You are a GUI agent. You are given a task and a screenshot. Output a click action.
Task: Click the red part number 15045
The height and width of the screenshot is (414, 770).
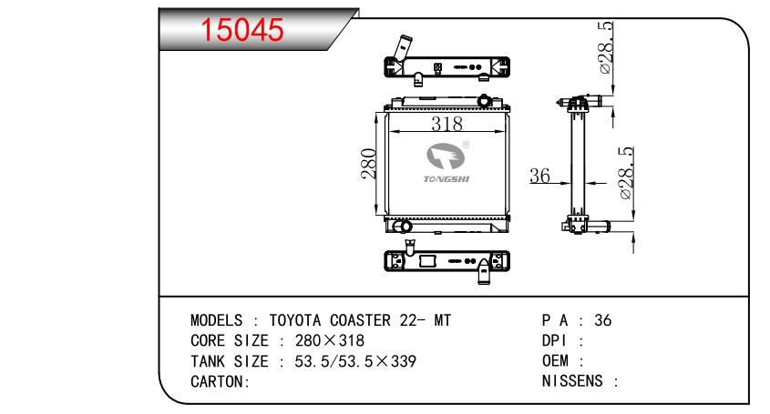coord(242,29)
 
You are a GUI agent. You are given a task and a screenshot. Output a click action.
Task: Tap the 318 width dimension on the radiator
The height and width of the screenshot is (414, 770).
coord(447,124)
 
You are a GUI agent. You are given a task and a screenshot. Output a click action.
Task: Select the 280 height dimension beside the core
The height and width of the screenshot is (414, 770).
coord(369,164)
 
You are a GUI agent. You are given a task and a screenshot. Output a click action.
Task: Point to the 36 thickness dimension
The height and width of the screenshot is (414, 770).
coord(539,175)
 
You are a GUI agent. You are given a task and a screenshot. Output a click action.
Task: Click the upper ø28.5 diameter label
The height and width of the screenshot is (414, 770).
coord(606,47)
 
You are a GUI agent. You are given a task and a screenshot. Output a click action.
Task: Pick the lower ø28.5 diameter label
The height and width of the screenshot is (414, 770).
coord(626,173)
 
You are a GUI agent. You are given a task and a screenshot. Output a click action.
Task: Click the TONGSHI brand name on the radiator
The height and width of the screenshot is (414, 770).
coord(447,179)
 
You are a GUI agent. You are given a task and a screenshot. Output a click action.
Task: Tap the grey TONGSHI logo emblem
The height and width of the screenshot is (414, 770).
coord(446,156)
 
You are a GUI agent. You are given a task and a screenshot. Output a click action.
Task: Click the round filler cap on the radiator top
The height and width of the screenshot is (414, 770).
coord(485,101)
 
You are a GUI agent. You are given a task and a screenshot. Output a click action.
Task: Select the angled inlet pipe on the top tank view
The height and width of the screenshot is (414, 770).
coord(402,49)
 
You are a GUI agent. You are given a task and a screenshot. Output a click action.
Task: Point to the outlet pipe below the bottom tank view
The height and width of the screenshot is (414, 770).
coord(484,272)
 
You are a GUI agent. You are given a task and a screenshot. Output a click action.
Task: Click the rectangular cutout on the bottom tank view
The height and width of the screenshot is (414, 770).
coord(427,260)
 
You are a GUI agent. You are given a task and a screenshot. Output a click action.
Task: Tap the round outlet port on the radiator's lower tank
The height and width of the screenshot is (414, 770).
coord(406,227)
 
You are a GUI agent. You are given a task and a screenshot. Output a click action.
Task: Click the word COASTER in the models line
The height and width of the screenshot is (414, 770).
coord(360,320)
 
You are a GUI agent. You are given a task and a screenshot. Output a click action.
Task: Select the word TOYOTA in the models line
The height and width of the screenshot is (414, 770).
coord(294,320)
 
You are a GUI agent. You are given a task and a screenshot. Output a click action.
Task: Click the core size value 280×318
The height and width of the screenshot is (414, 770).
coord(330,340)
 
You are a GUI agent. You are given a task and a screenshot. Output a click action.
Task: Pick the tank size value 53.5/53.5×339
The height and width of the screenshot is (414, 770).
coord(355,361)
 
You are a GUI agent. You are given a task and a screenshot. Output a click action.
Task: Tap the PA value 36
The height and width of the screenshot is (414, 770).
coord(602,320)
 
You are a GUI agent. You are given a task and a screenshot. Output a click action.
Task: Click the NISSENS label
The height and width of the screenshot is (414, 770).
coord(572,381)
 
